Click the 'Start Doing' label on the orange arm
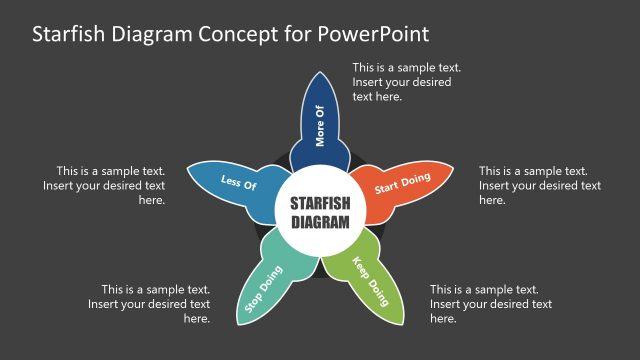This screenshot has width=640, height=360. tap(402, 183)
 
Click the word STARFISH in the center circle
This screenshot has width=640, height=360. tap(320, 202)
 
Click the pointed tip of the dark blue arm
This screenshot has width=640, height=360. tap(320, 73)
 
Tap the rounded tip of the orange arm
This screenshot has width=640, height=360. tap(453, 172)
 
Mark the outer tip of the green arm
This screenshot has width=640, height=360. tap(399, 322)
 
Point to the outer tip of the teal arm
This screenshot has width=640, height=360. tap(241, 322)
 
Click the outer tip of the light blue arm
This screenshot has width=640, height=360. tap(189, 173)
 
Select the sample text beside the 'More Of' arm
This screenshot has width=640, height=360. tap(406, 82)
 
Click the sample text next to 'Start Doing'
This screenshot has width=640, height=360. tap(540, 185)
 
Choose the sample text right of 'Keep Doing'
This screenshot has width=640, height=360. tap(491, 304)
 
